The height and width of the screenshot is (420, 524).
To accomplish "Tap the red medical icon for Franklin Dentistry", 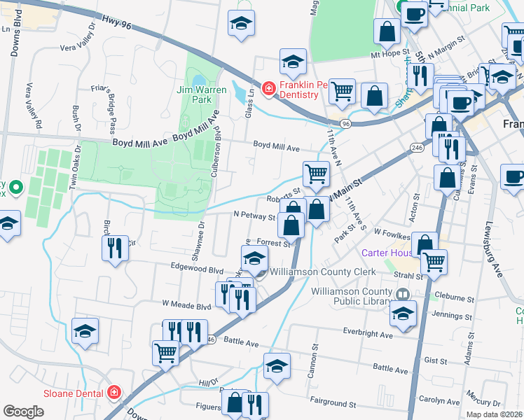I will (268, 88).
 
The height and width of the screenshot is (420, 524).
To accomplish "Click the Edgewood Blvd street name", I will (197, 268).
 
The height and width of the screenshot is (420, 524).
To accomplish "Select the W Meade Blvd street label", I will (186, 306).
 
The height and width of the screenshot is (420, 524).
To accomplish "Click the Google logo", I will (24, 412).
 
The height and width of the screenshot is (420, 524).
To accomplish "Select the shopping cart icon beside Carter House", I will (434, 262).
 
